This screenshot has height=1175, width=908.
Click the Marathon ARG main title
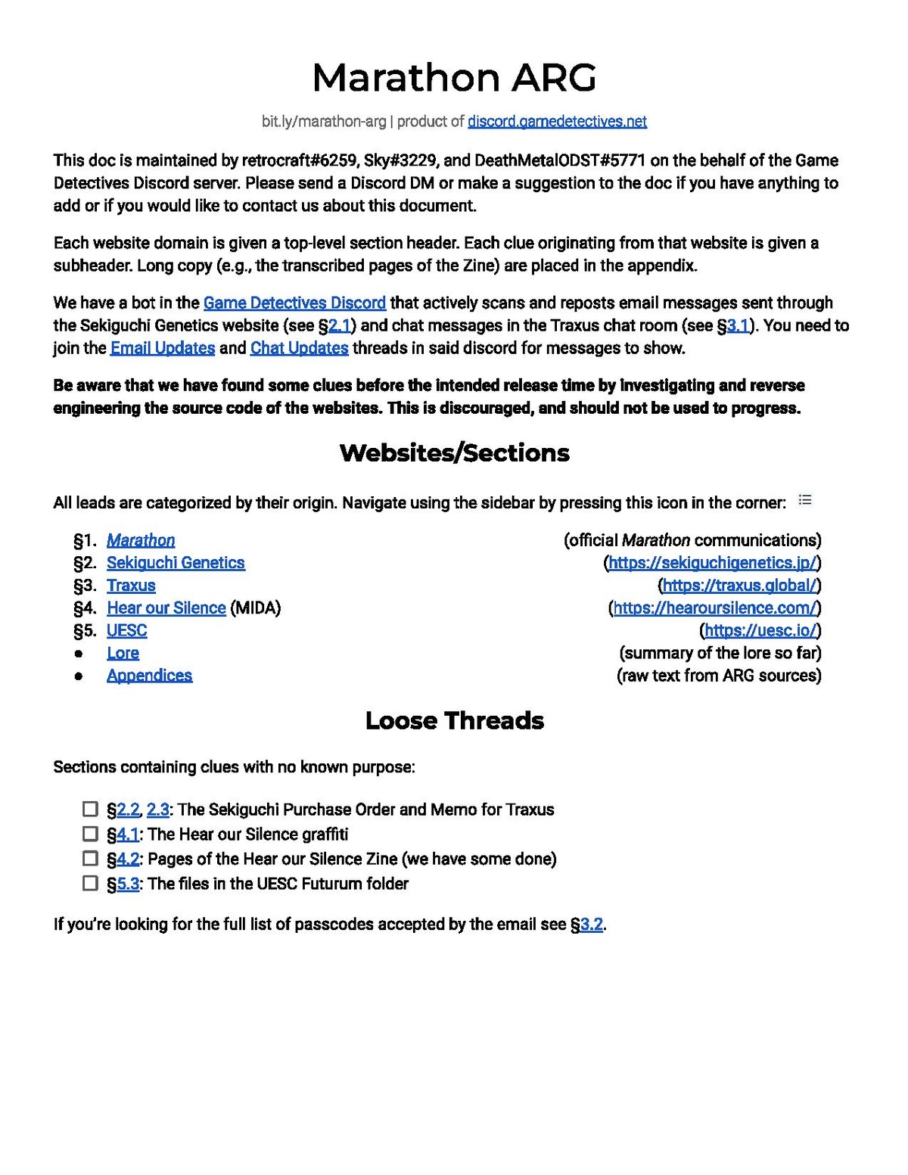click(454, 78)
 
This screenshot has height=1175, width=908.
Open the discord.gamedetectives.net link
click(557, 121)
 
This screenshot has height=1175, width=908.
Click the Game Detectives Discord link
click(294, 303)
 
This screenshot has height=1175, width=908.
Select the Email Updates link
click(163, 348)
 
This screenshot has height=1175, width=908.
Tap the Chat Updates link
click(299, 348)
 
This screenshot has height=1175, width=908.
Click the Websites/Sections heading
click(454, 452)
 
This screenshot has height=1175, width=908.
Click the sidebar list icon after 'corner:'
click(805, 500)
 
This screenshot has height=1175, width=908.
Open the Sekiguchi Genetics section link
click(176, 563)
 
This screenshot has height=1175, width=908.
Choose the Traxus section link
click(131, 586)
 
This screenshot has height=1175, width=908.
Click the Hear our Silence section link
click(166, 608)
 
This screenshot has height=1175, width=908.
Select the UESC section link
click(126, 631)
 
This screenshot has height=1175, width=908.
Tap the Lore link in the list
click(123, 653)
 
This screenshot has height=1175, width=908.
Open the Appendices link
click(149, 676)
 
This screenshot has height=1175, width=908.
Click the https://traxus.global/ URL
click(740, 586)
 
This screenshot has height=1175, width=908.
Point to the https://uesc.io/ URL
click(760, 631)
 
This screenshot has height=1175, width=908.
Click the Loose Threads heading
click(454, 720)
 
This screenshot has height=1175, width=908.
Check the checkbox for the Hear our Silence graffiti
click(90, 834)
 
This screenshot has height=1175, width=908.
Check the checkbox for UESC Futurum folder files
click(90, 883)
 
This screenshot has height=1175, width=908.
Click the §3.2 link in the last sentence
click(591, 925)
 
